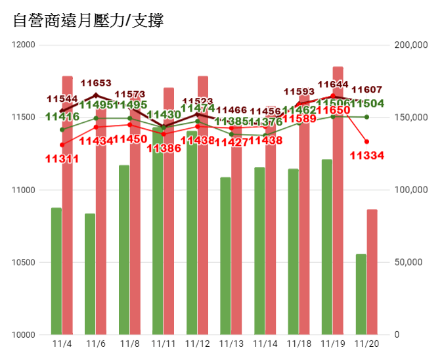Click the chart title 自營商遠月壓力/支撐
coord(89,21)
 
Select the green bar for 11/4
coord(56,271)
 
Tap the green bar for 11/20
coord(361,294)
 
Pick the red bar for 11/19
coord(338,200)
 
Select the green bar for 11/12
coord(192,233)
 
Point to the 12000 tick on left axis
coord(25,45)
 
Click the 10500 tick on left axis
coord(25,262)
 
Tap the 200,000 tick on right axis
coord(410,45)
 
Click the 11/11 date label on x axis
coord(164,344)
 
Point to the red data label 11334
coord(366,156)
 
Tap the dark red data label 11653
coord(96,83)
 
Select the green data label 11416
coord(62,117)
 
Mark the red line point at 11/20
coord(366,141)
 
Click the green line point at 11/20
coord(366,117)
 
